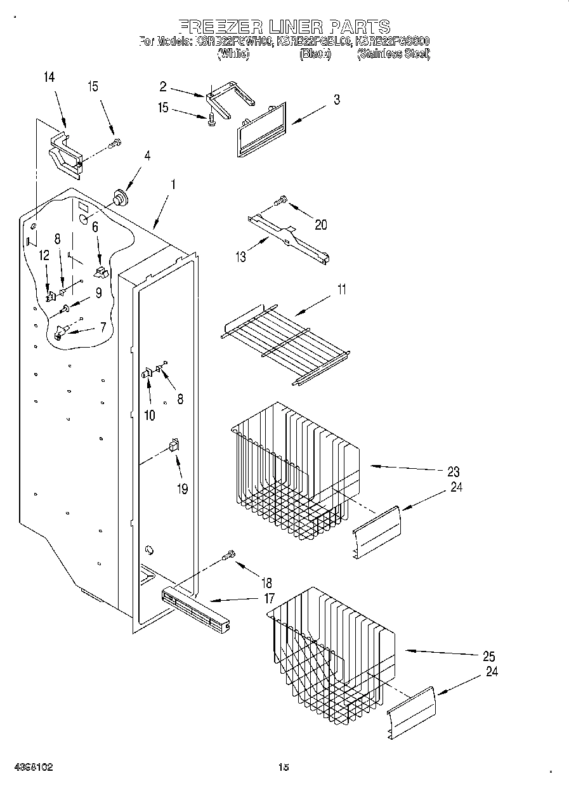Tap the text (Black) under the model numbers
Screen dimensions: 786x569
pyautogui.click(x=315, y=55)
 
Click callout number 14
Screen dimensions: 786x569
pyautogui.click(x=49, y=77)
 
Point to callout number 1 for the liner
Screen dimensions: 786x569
pyautogui.click(x=172, y=185)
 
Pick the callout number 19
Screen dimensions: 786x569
pyautogui.click(x=183, y=490)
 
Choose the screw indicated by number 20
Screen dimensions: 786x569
pyautogui.click(x=280, y=202)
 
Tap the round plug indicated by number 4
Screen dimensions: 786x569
pyautogui.click(x=118, y=197)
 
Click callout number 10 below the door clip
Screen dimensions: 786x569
pyautogui.click(x=150, y=416)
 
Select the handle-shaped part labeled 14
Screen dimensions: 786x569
pyautogui.click(x=65, y=154)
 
